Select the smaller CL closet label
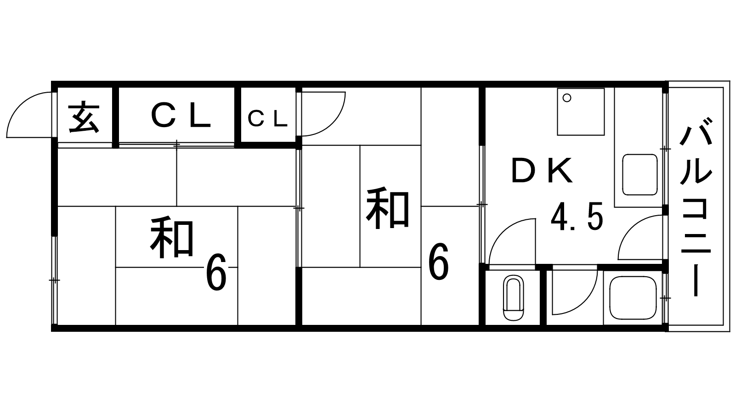pos(268,119)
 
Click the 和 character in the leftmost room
pos(171,239)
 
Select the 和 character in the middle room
pos(387,208)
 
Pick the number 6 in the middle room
pos(438,263)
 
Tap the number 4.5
pos(577,217)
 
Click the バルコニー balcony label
pos(696,206)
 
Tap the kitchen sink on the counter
pos(639,175)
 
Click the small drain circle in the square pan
pos(567,98)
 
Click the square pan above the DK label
pos(581,112)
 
